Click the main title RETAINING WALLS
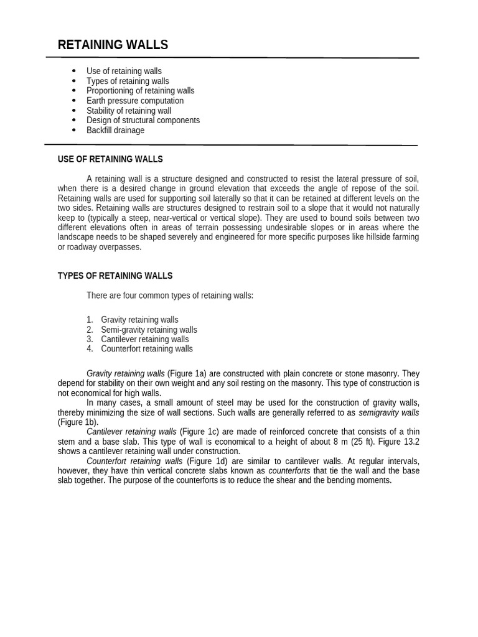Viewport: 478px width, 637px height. coord(113,45)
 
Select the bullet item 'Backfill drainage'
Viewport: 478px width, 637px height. coord(115,130)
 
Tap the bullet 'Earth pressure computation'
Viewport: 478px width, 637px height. coord(134,101)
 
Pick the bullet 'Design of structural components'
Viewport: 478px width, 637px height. coord(143,120)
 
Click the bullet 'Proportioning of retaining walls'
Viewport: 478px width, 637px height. coord(140,91)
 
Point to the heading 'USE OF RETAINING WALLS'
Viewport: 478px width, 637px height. coord(110,159)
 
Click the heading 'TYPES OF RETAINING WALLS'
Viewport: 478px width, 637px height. coord(115,276)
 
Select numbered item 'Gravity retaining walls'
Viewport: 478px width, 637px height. coord(139,320)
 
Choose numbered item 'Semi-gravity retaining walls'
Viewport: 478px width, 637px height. coord(149,330)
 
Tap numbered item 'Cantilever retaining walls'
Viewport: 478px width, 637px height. coord(144,339)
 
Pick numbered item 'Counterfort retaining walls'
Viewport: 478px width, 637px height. coord(147,349)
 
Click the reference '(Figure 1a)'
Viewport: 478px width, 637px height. coord(187,373)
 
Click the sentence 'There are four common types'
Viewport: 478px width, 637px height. coord(170,295)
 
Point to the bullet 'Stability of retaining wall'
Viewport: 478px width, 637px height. coord(129,111)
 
